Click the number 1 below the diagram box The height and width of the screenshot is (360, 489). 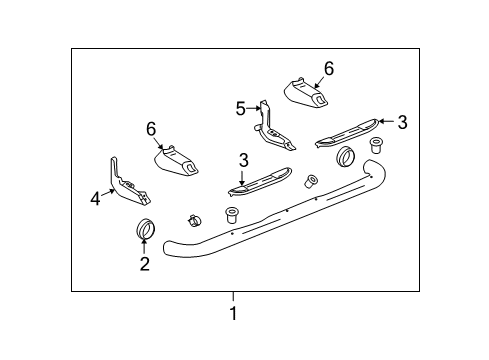[233, 314]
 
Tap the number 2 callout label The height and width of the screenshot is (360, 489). [145, 264]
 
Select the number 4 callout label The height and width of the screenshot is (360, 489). [96, 199]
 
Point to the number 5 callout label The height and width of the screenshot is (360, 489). [241, 109]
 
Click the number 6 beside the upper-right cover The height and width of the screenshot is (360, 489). [328, 68]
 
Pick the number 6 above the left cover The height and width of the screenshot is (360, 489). [152, 128]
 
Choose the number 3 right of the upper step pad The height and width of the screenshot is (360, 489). [402, 122]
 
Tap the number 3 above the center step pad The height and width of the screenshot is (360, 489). [243, 159]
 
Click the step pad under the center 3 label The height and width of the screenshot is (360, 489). [258, 180]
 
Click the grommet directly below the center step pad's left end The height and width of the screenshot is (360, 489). [232, 213]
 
